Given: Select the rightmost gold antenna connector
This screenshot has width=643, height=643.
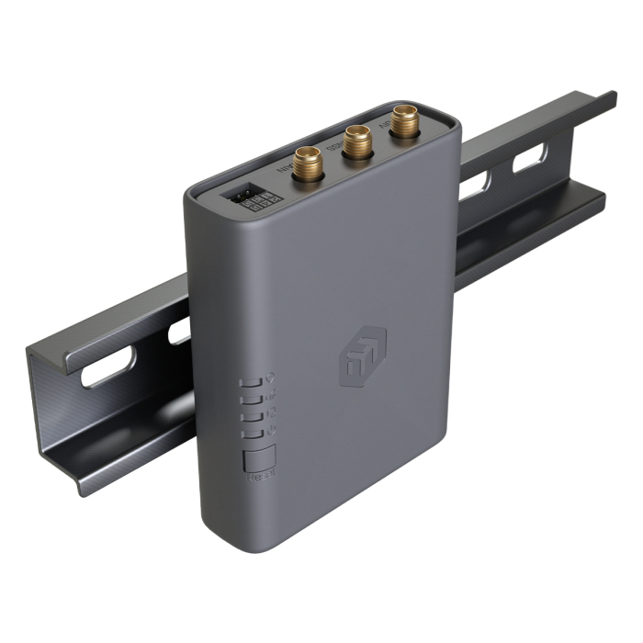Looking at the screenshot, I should (401, 119).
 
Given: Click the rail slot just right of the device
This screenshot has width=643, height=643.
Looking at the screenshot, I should (473, 187).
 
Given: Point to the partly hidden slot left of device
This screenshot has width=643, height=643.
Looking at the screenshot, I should (179, 331).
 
